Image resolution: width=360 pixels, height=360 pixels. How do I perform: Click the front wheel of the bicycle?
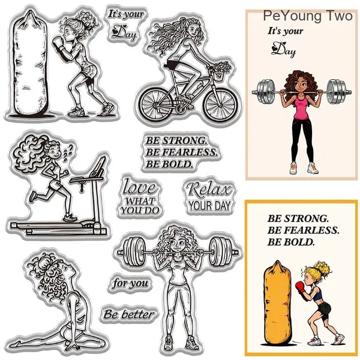(221, 104)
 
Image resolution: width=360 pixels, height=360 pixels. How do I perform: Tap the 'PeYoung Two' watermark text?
(308, 16)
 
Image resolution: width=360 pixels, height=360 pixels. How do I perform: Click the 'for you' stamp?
(130, 283)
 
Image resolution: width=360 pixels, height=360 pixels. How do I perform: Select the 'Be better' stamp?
(128, 314)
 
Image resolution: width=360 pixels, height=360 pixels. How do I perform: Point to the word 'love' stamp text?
(140, 187)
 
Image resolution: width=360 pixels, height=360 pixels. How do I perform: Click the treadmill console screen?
(99, 165)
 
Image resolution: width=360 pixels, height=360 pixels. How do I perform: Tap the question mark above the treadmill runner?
(71, 147)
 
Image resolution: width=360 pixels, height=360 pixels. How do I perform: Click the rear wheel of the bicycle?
(157, 104)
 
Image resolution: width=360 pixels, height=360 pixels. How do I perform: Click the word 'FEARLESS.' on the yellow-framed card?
(311, 230)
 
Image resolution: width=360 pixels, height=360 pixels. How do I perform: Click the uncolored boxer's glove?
(59, 44)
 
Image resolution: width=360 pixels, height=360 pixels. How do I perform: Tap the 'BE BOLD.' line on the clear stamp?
(169, 164)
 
